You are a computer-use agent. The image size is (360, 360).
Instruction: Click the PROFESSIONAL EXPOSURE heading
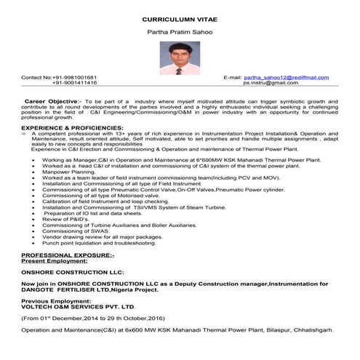point(68,257)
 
